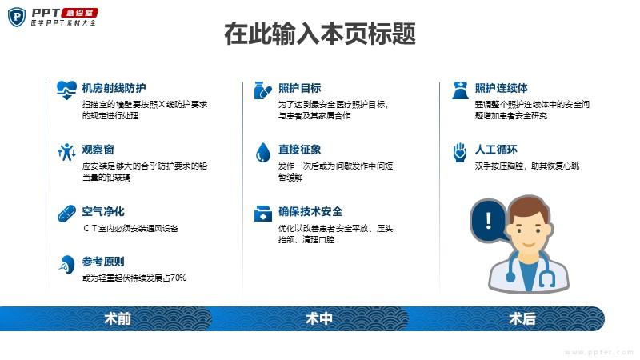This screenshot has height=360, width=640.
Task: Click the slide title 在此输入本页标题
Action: point(320,34)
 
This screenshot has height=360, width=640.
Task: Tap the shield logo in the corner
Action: point(17,17)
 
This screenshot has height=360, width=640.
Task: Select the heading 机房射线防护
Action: point(114,88)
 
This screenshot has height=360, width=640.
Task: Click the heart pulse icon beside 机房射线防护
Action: point(66,90)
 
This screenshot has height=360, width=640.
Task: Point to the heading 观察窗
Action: point(98,150)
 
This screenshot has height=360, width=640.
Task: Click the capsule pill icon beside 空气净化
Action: point(66,214)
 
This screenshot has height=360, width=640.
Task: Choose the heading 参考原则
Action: point(103,262)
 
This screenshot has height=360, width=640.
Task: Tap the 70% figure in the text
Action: point(178,278)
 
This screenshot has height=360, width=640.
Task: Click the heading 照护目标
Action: point(299,88)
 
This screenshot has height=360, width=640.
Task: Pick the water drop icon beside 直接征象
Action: point(263,153)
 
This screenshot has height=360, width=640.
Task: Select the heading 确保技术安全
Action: point(310,211)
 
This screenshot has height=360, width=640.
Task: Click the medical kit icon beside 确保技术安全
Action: point(263,214)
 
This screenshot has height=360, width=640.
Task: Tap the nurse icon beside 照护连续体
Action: point(461,90)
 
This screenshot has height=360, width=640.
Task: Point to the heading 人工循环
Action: point(496,150)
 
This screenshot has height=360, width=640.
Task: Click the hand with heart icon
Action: point(460,152)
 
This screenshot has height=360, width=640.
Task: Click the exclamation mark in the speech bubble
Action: point(489,220)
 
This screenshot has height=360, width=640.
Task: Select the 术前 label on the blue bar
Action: point(118,318)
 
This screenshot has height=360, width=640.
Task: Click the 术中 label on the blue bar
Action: point(319,318)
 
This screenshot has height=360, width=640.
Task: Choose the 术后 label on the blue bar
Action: point(522,318)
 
